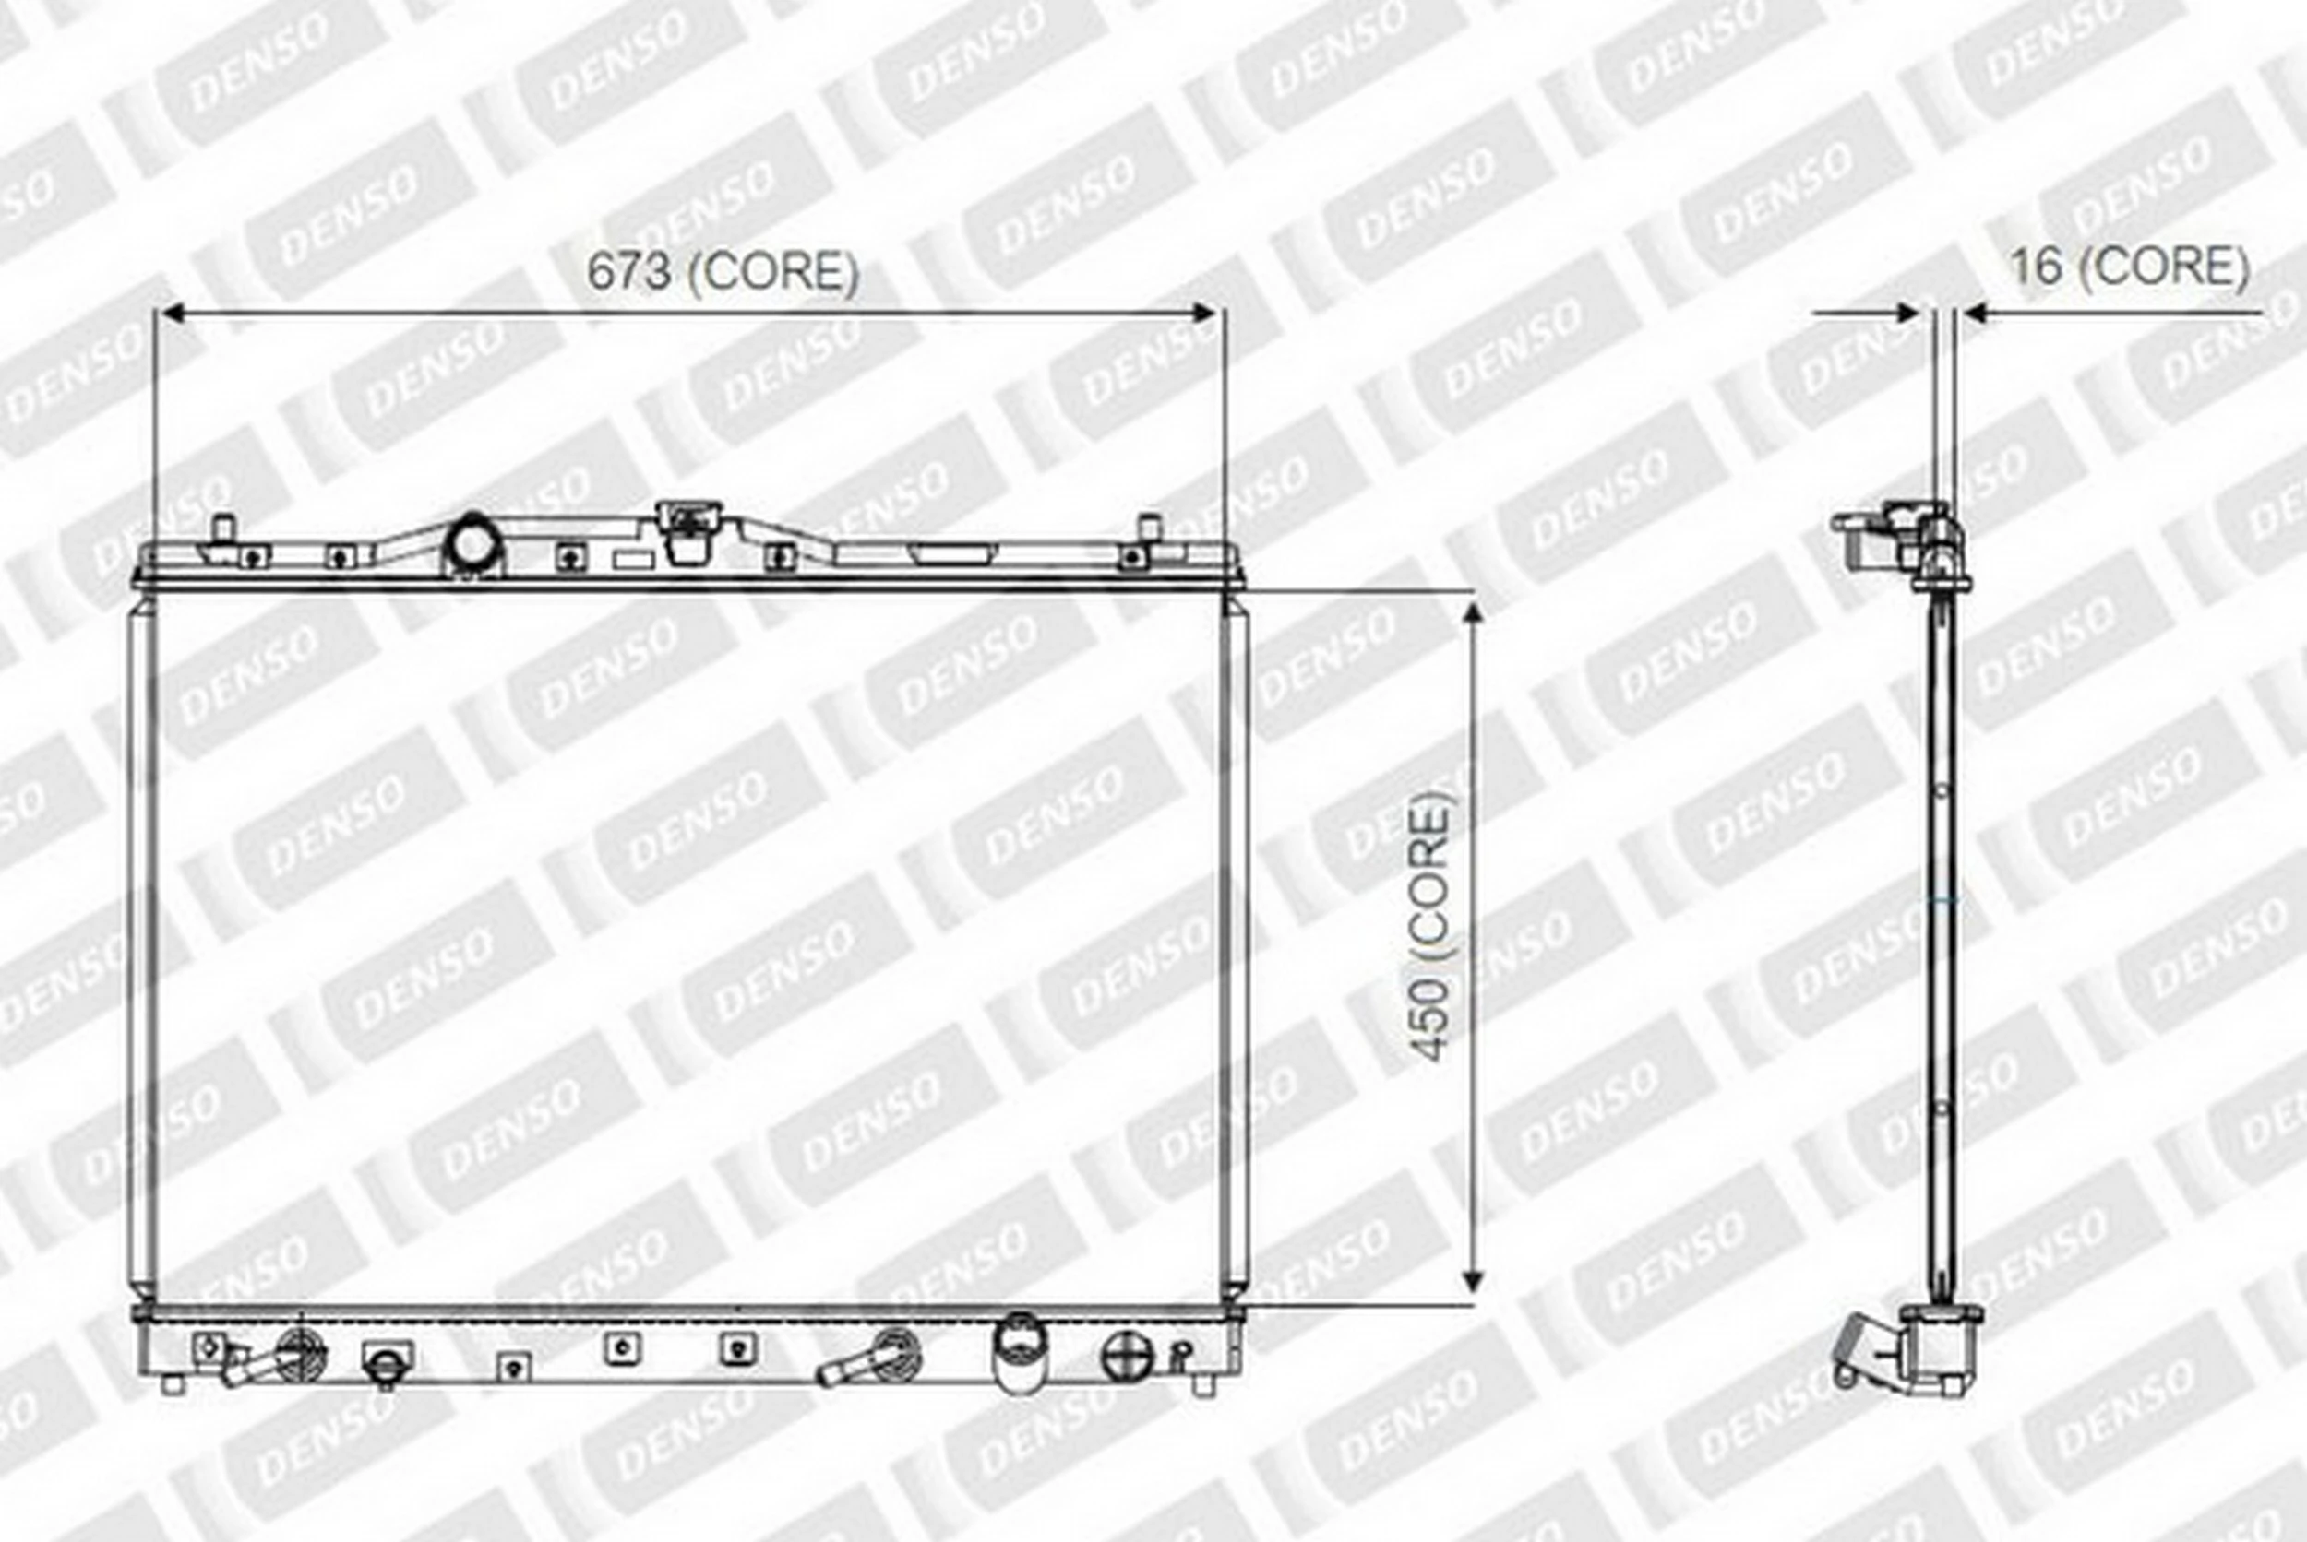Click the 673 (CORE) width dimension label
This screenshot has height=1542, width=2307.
tap(723, 271)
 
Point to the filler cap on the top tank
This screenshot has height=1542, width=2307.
tap(688, 530)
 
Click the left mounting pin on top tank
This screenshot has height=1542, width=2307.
tap(223, 528)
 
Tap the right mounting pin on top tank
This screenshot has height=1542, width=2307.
tap(1149, 528)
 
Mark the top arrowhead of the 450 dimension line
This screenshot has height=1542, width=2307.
tap(1473, 614)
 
